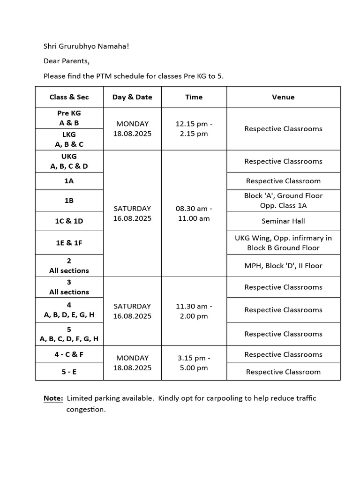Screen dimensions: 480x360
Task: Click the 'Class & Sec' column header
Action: pos(69,97)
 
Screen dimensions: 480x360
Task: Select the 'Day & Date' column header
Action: pos(132,97)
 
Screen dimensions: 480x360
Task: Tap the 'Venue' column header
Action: pos(283,97)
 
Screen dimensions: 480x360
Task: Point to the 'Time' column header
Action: pos(194,97)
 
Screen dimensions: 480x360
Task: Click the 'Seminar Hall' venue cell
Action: pos(283,221)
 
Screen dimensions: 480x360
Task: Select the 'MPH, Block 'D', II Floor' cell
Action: pos(283,266)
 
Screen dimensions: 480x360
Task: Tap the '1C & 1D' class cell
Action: pos(69,221)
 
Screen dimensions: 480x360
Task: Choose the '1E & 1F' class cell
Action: pos(69,243)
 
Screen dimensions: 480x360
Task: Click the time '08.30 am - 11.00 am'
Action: pos(194,213)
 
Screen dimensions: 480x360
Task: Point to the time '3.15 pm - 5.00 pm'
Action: pos(194,363)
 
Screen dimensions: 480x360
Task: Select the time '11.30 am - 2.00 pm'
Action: pos(194,311)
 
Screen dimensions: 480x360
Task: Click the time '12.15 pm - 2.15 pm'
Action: pos(194,128)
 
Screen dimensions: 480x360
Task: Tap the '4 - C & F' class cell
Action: pos(69,354)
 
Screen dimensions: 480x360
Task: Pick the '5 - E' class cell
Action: pos(69,372)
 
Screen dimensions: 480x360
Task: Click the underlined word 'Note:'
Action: pos(53,398)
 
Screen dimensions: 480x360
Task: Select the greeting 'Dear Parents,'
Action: pos(66,61)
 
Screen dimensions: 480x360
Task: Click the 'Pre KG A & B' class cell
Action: pos(69,118)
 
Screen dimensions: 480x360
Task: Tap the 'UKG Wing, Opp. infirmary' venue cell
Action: pos(283,243)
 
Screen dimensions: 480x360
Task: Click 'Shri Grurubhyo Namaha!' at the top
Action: pos(85,46)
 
